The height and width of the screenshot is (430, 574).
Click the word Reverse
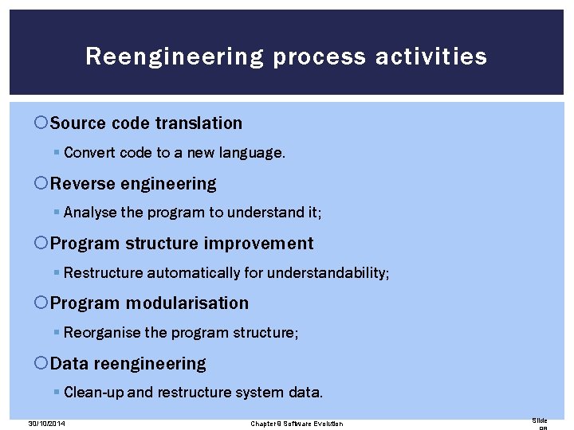pyautogui.click(x=83, y=184)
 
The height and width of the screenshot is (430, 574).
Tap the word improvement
pyautogui.click(x=258, y=244)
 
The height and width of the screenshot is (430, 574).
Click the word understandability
pyautogui.click(x=328, y=273)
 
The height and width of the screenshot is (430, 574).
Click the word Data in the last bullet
pyautogui.click(x=69, y=364)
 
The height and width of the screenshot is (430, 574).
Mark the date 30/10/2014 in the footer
pyautogui.click(x=45, y=424)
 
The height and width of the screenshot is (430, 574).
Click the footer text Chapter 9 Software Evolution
pyautogui.click(x=297, y=424)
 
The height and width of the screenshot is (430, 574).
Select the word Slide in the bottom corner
pyautogui.click(x=540, y=420)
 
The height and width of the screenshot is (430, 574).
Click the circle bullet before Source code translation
pyautogui.click(x=41, y=123)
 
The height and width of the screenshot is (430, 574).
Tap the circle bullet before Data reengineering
pyautogui.click(x=41, y=364)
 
